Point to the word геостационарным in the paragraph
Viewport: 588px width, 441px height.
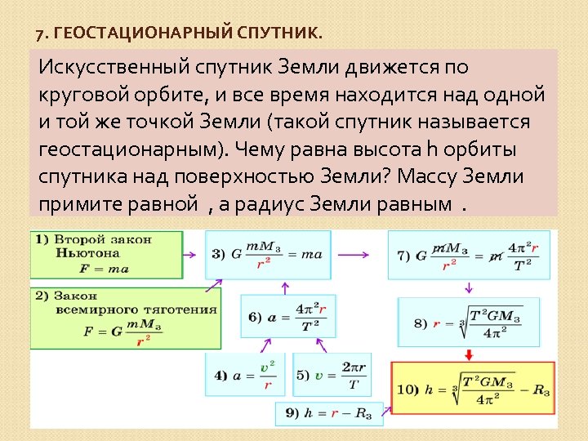click(129, 150)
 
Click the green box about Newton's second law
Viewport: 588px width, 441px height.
click(106, 254)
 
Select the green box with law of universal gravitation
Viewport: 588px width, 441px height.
click(126, 317)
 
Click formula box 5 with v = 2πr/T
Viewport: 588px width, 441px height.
click(331, 376)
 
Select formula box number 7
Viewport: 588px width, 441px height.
click(468, 255)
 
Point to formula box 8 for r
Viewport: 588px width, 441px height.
click(468, 323)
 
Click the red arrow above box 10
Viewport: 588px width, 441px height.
click(470, 354)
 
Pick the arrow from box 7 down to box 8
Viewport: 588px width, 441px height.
click(470, 287)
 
